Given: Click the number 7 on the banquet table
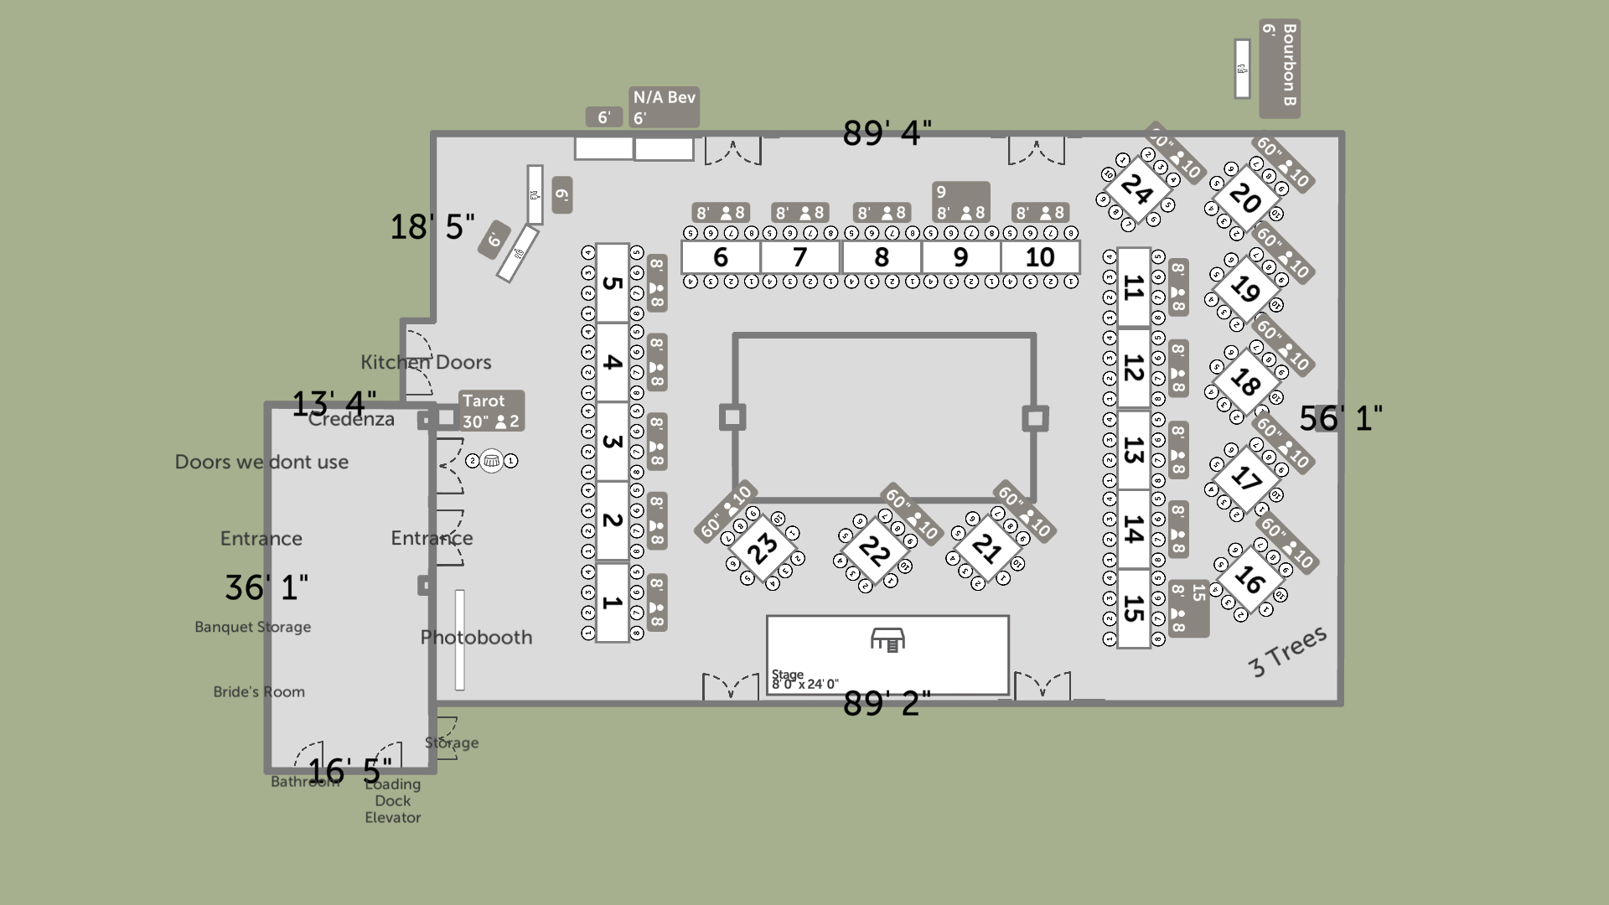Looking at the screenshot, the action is coord(799,257).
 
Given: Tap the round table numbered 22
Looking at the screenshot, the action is coord(874,551).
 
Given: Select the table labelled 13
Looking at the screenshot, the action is coord(1133,450).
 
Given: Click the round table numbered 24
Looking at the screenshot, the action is coord(1136,189).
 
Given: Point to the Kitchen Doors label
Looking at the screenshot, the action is coord(426,362).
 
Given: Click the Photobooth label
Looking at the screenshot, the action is coord(476,637).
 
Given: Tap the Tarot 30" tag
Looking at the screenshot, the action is coord(491,411).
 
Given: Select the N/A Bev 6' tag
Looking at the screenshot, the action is coord(664,107).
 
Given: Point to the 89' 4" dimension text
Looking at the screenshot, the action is coord(887,132).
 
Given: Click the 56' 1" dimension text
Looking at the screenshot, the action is coord(1340,417).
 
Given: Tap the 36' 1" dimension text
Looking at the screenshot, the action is coord(266,587).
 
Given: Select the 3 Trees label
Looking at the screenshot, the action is coord(1287,651).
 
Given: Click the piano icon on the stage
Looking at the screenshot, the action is coord(887,640).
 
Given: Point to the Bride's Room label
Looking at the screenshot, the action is coord(259,692).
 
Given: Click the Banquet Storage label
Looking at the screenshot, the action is coord(252,627).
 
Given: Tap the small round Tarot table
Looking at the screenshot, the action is coord(492,461).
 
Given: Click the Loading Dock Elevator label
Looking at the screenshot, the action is coord(392,801).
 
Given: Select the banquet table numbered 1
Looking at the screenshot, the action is coord(612,602).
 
